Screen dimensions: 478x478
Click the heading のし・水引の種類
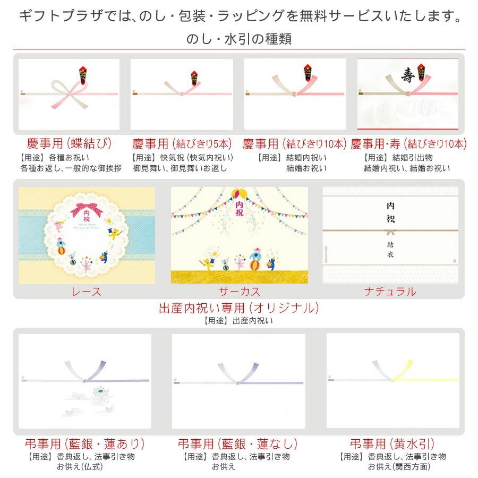(239, 39)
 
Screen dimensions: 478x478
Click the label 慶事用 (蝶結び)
(70, 143)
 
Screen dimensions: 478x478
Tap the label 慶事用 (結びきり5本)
(183, 143)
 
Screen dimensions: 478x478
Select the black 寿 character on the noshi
(407, 74)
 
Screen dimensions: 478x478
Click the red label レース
(87, 291)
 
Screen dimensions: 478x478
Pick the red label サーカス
(239, 291)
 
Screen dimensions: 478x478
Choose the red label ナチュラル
(390, 291)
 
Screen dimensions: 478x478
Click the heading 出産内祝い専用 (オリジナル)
(239, 308)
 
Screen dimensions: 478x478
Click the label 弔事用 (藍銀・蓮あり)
(85, 444)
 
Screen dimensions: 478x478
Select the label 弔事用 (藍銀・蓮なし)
(237, 444)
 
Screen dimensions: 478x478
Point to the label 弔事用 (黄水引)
(392, 444)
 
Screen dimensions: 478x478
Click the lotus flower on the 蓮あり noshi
(99, 392)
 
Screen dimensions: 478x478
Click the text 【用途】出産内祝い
(239, 321)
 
